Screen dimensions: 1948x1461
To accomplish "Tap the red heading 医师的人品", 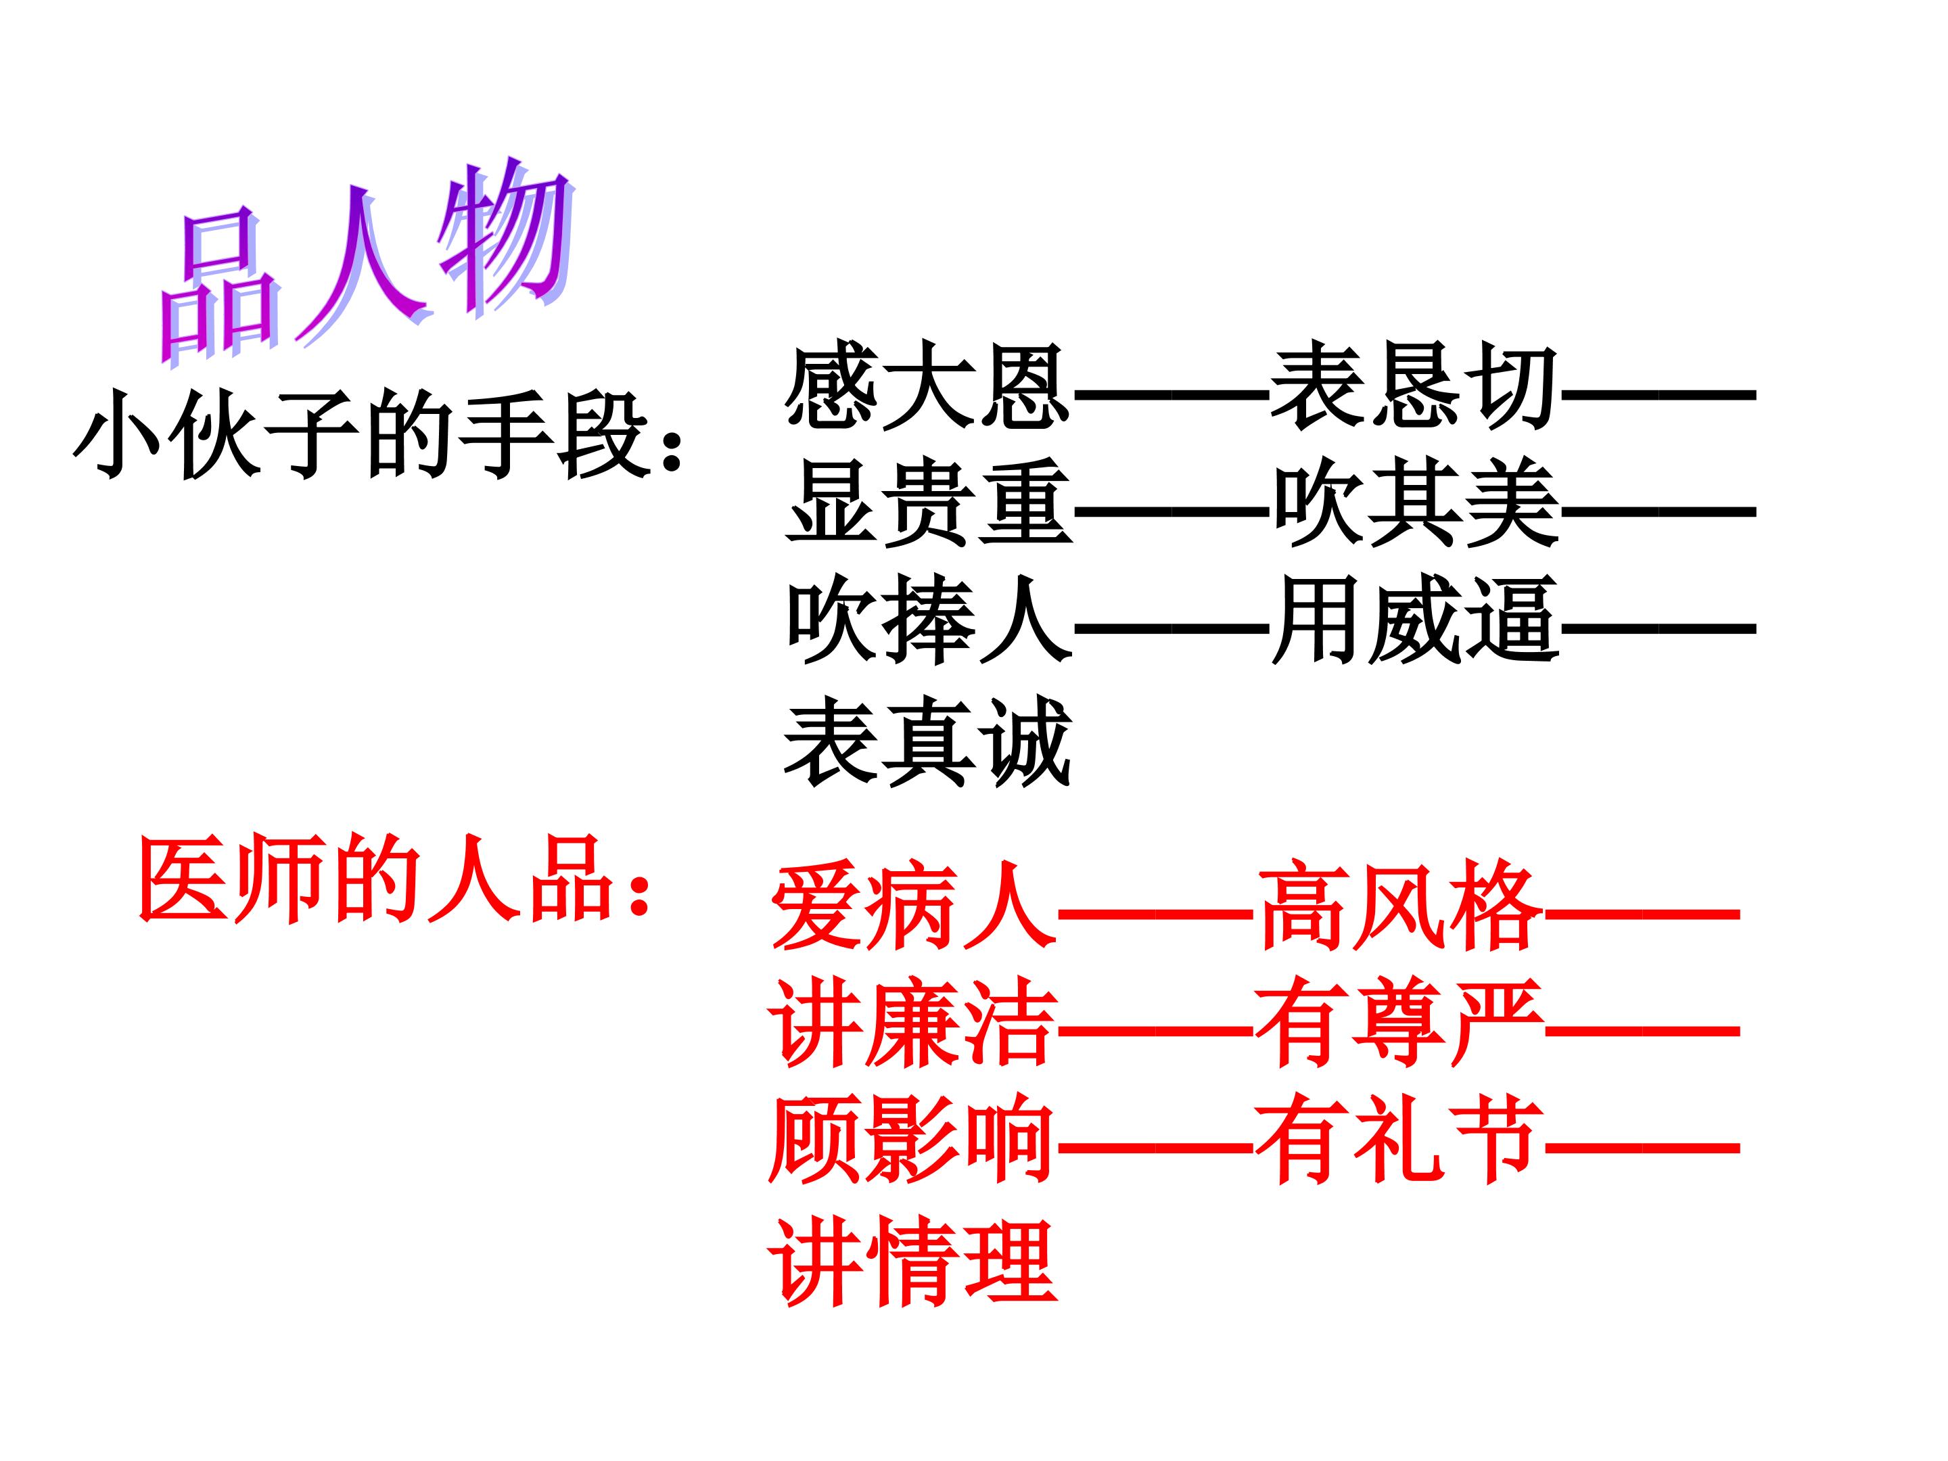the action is (373, 879).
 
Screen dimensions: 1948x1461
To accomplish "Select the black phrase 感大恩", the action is (927, 387).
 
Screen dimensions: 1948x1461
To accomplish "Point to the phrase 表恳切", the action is (1414, 387).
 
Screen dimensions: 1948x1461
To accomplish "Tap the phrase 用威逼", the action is (1414, 622).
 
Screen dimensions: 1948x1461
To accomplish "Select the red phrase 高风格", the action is (1400, 907).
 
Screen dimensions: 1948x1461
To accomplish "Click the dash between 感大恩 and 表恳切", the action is (1172, 394).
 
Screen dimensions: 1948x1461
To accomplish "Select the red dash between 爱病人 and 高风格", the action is (1157, 913).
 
